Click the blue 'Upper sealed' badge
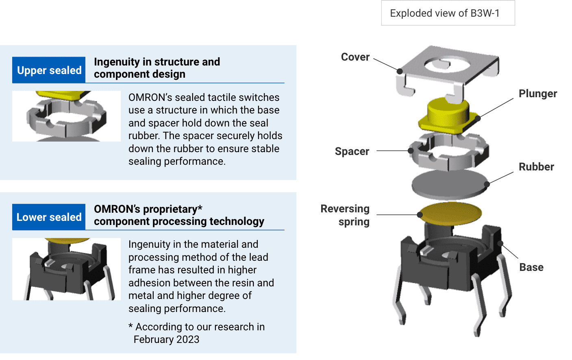click(x=49, y=70)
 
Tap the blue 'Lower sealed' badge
click(x=49, y=217)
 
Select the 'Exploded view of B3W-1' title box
click(x=448, y=13)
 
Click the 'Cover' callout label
click(x=355, y=57)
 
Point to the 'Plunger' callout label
click(x=537, y=94)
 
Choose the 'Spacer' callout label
click(x=352, y=151)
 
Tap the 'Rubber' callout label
click(x=536, y=167)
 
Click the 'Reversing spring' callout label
click(x=346, y=215)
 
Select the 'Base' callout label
click(x=531, y=267)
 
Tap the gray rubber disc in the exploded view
click(x=449, y=184)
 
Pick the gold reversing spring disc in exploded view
click(x=450, y=213)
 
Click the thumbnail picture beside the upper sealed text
click(x=66, y=116)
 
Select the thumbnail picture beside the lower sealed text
click(x=66, y=269)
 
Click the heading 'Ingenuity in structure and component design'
click(x=157, y=68)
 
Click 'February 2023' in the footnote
click(x=166, y=340)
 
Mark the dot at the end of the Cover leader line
click(x=400, y=71)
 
